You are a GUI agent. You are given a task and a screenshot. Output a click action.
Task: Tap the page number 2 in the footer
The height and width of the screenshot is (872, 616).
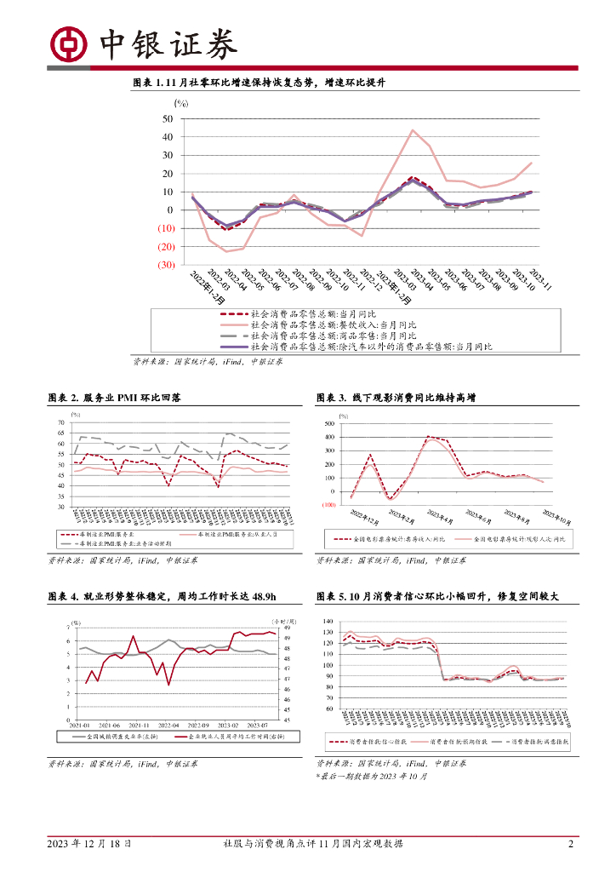pyautogui.click(x=571, y=844)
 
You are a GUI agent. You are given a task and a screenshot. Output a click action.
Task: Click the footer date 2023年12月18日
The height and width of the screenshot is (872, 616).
pyautogui.click(x=88, y=844)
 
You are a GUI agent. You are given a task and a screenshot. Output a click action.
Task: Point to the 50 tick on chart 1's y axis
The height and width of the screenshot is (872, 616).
pyautogui.click(x=167, y=118)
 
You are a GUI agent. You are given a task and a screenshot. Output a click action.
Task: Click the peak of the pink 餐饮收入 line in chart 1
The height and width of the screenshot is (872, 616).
pyautogui.click(x=413, y=130)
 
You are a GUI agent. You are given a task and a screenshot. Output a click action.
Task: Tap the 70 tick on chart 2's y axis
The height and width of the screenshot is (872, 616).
pyautogui.click(x=60, y=422)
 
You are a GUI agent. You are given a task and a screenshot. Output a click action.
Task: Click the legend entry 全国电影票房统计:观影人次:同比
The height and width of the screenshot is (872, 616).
pyautogui.click(x=516, y=540)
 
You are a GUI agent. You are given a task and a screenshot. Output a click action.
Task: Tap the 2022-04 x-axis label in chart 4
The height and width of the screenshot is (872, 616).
pyautogui.click(x=170, y=724)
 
